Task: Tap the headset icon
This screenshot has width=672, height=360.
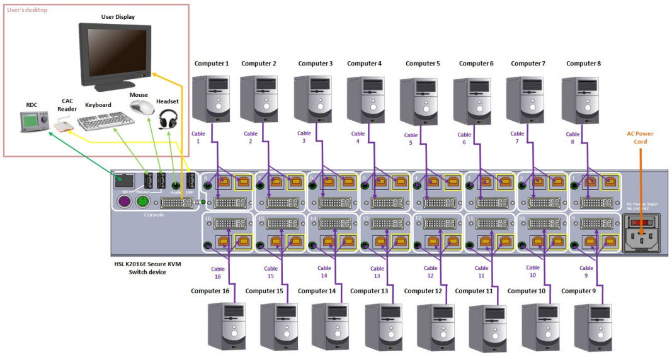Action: (x=167, y=119)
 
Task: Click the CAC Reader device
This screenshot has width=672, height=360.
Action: (x=64, y=127)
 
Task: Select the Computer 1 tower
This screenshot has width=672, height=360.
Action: (x=211, y=99)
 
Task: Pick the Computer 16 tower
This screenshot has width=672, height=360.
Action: (x=225, y=326)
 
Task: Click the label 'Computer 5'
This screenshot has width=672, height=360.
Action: (x=423, y=64)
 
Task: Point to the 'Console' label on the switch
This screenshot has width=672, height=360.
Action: (x=154, y=215)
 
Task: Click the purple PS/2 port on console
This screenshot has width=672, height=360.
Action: (x=123, y=201)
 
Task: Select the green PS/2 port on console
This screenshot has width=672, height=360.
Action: (x=143, y=201)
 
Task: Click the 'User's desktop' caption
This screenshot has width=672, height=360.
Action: (x=27, y=10)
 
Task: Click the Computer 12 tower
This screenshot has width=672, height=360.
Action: (x=435, y=327)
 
